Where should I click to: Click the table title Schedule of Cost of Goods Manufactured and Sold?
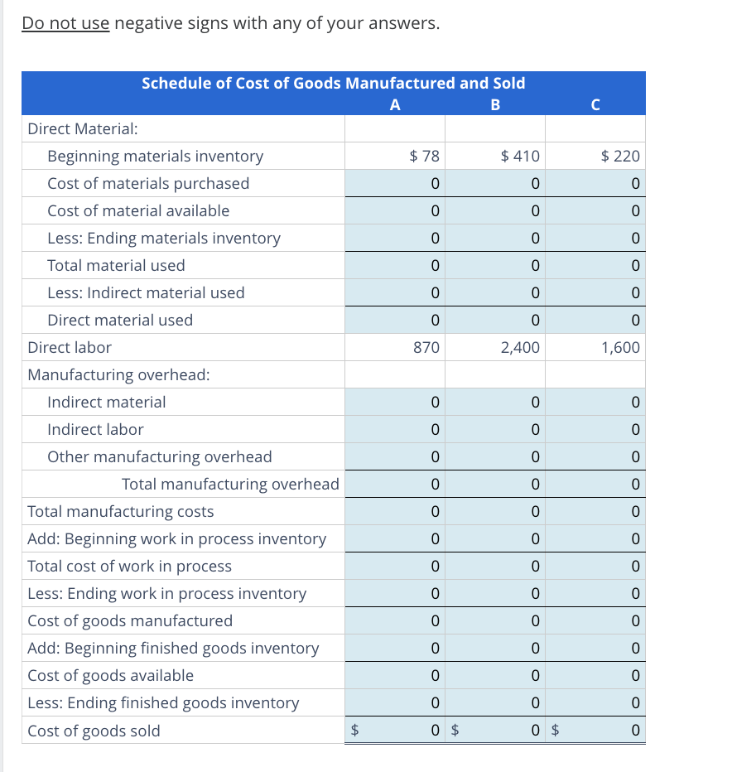point(333,83)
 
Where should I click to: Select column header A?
point(394,104)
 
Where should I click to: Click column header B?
point(495,104)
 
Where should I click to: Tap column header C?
point(595,104)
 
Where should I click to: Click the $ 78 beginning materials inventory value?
point(426,156)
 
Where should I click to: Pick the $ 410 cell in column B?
point(520,156)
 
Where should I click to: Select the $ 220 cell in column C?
point(620,156)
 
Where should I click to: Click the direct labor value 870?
point(426,347)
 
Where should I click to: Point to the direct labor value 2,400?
point(520,347)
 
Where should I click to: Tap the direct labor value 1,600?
point(620,347)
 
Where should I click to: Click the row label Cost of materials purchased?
point(148,183)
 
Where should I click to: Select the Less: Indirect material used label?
point(146,292)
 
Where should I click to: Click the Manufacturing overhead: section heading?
point(118,374)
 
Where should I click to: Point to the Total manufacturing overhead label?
point(230,484)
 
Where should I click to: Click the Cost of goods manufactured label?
point(130,620)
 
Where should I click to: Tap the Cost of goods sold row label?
point(94,731)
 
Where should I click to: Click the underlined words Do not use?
point(65,23)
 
